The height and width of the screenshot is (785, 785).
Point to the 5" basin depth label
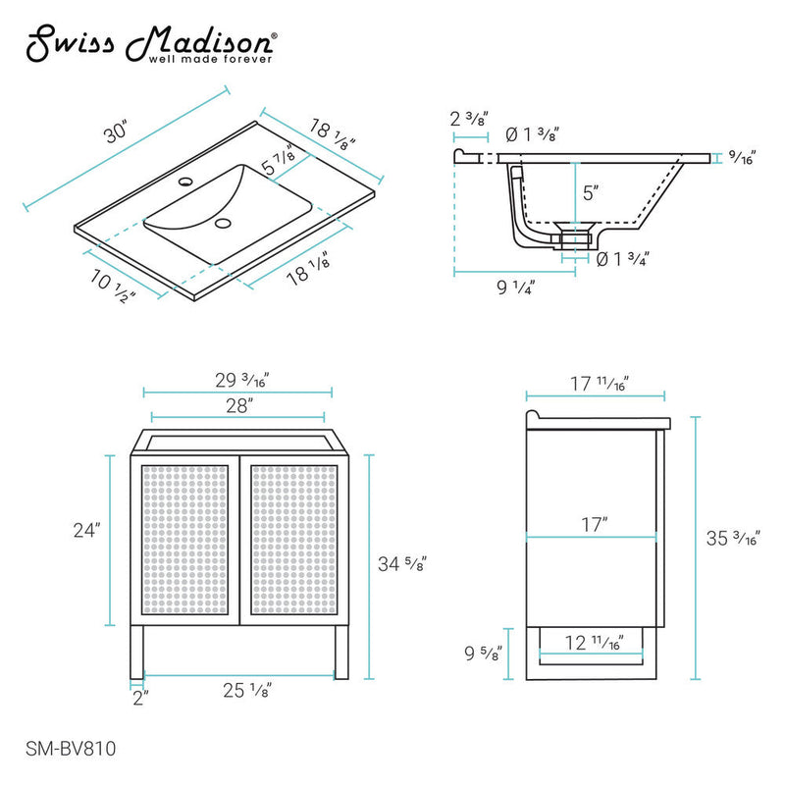tap(590, 193)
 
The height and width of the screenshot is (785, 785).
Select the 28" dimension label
tap(235, 403)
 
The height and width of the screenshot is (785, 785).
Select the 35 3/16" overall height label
tap(735, 538)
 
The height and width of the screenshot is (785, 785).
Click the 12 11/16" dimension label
tap(592, 643)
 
